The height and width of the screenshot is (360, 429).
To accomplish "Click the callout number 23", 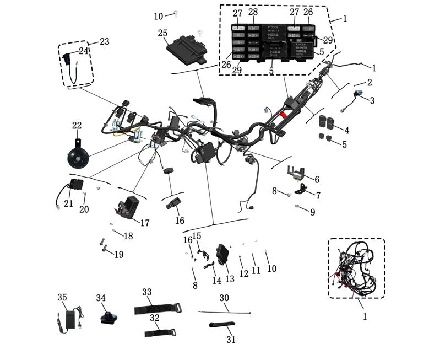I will pyautogui.click(x=104, y=42).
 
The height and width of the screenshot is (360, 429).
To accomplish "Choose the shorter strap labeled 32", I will pyautogui.click(x=159, y=333).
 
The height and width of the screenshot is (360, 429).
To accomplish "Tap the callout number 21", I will pyautogui.click(x=68, y=203).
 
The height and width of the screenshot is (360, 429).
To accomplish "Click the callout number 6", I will pyautogui.click(x=317, y=180).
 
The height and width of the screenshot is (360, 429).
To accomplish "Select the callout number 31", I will pyautogui.click(x=231, y=340).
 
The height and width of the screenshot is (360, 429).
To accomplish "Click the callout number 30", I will pyautogui.click(x=224, y=298).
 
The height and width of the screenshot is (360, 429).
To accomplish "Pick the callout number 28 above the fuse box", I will pyautogui.click(x=253, y=12).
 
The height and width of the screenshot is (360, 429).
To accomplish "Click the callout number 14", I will pyautogui.click(x=217, y=281).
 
